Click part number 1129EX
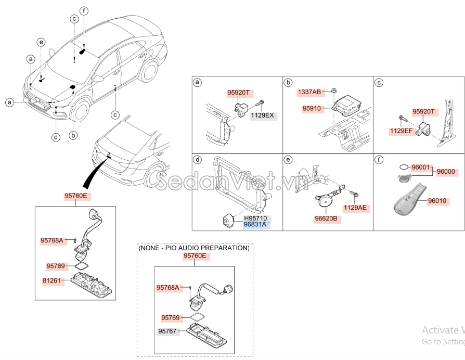[263, 115]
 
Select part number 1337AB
[309, 92]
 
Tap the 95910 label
[314, 109]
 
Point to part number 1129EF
[401, 131]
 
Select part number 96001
[421, 168]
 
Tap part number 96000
[446, 171]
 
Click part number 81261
[53, 280]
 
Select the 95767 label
[169, 331]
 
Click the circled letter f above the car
[84, 10]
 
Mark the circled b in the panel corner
[288, 83]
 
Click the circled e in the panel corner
[288, 159]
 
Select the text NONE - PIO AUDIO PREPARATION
[193, 248]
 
